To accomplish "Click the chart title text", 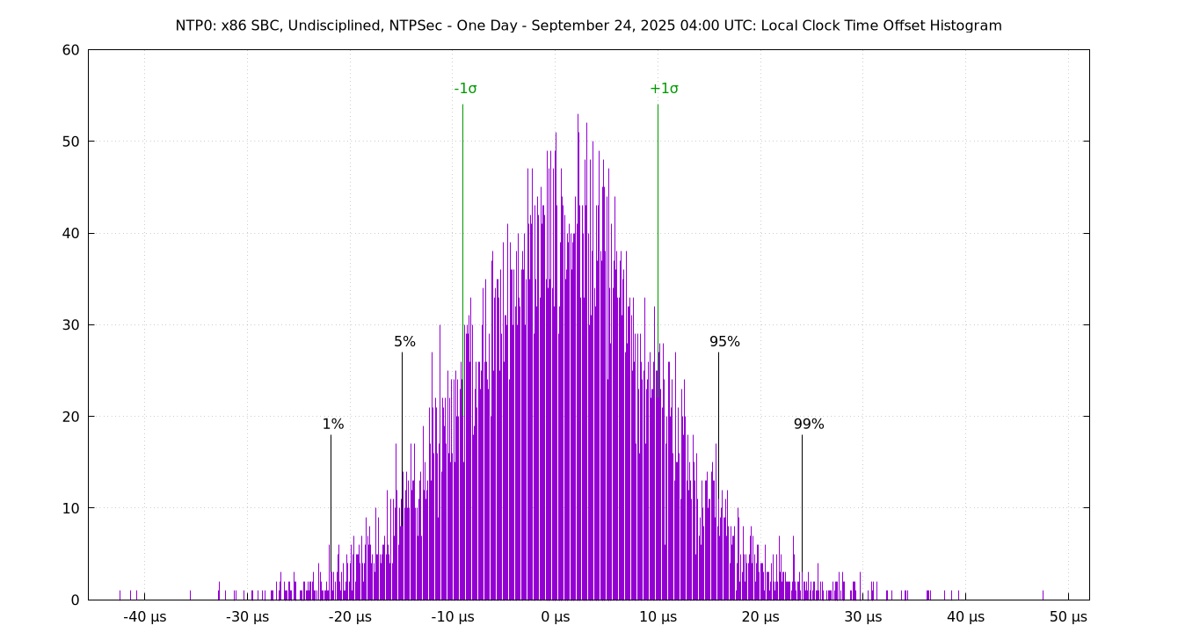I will pos(588,25).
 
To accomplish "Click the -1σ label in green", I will pos(465,89).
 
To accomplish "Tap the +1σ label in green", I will pos(664,89).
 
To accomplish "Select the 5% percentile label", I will pos(404,342).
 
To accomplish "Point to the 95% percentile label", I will pos(724,342).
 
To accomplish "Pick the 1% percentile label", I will pos(333,425).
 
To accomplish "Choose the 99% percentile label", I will pos(809,425).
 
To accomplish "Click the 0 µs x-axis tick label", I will pos(556,617).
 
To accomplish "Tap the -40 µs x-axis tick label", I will pos(145,617).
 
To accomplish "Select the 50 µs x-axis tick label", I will pos(1068,617).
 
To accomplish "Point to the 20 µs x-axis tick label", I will pos(760,617).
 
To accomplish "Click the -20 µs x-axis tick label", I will pos(350,617).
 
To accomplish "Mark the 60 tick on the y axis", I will pos(70,50).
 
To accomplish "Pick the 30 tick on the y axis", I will pos(70,325).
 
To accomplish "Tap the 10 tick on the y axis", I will pos(70,508).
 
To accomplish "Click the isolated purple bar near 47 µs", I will pos(1043,595).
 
